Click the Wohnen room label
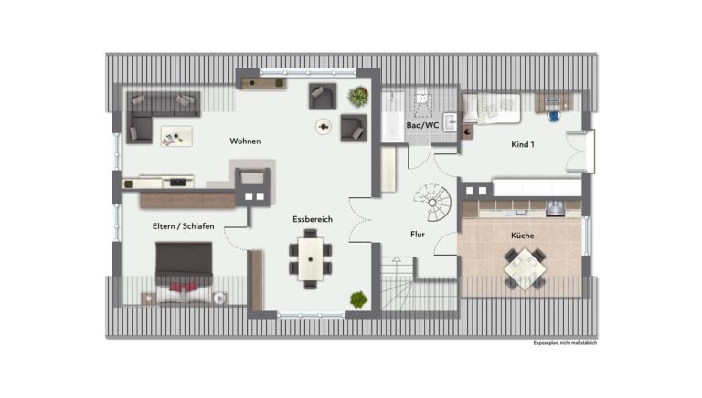245,141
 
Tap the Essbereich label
313,219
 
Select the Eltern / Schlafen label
183,226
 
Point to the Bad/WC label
422,125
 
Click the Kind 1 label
523,144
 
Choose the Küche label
523,236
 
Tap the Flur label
417,235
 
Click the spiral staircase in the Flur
432,203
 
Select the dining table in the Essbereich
310,259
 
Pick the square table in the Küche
525,268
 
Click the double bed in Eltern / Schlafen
184,273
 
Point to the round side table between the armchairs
323,127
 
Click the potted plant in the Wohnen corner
358,97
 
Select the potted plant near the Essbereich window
358,299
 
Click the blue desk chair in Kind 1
554,116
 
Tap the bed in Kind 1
492,109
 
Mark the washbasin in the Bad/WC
450,121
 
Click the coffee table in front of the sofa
176,136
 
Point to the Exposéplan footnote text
565,343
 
